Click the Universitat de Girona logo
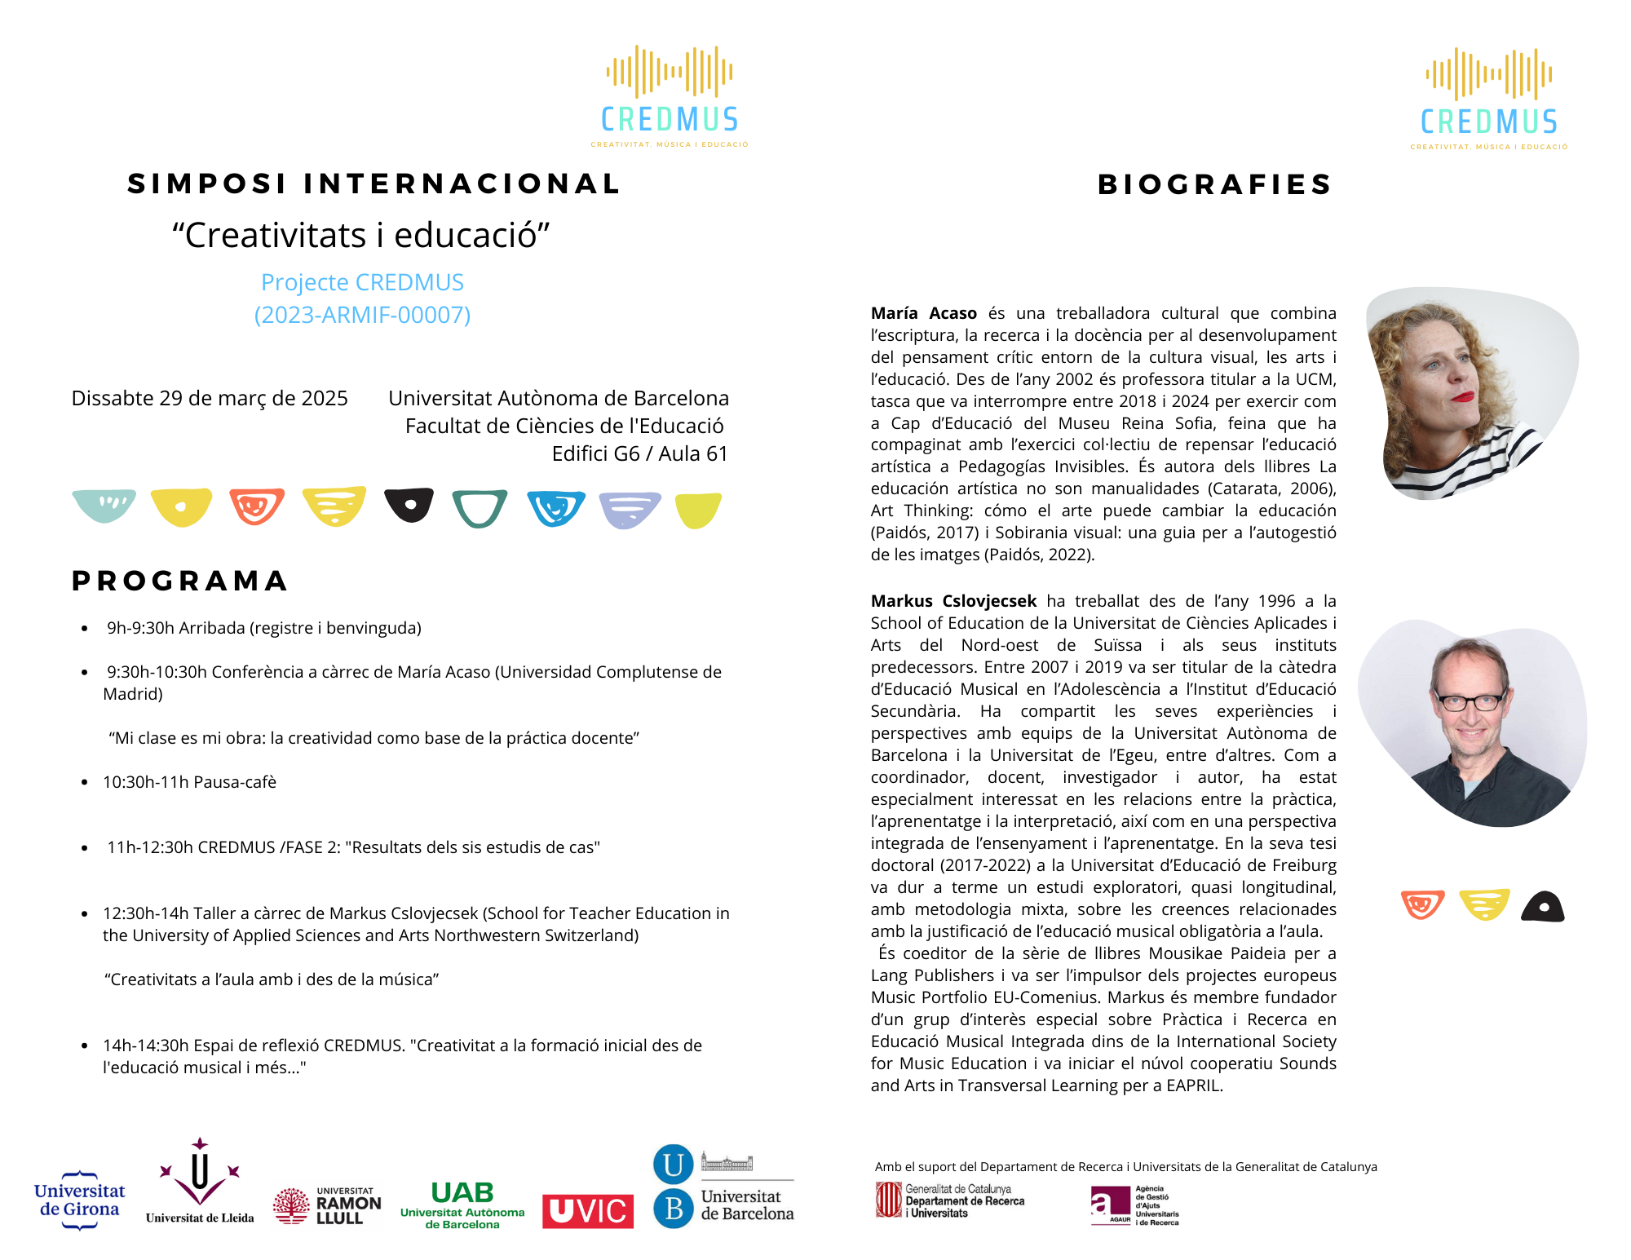click(79, 1200)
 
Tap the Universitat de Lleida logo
click(200, 1183)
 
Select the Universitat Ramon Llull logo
click(327, 1206)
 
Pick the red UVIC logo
click(587, 1211)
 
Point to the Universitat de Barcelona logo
click(723, 1187)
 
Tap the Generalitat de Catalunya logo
click(949, 1200)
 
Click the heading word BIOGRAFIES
click(1215, 184)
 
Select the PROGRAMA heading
click(180, 581)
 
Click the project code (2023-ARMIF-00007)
click(362, 315)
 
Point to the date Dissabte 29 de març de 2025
click(210, 398)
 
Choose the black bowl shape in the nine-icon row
click(409, 505)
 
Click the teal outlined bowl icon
click(480, 508)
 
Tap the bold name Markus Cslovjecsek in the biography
click(953, 601)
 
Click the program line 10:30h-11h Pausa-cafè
click(189, 782)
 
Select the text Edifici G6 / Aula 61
click(639, 453)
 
